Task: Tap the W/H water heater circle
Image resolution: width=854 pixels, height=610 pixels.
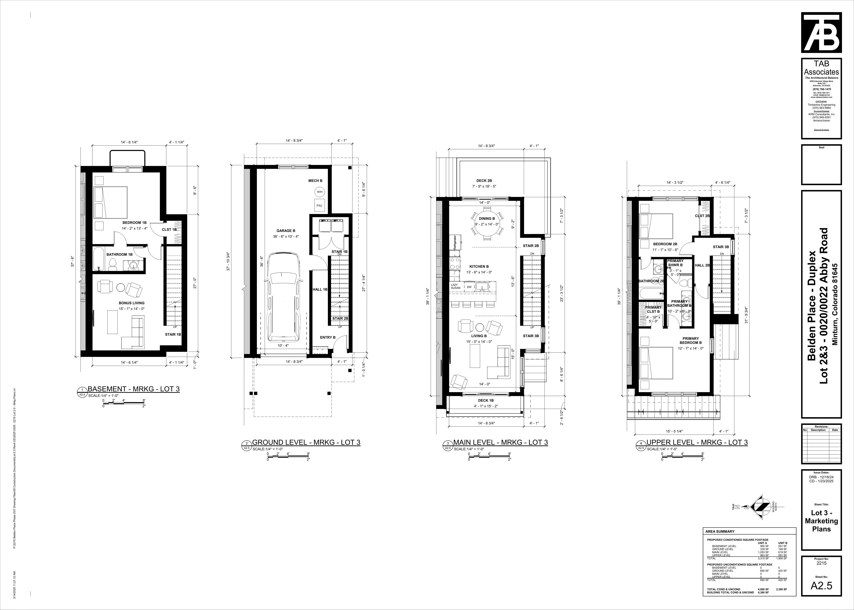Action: click(x=320, y=192)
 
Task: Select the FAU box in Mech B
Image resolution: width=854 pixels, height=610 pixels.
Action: click(x=319, y=206)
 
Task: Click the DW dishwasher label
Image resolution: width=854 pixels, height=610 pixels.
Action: click(x=469, y=287)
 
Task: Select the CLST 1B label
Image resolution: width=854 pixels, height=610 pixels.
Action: click(x=169, y=229)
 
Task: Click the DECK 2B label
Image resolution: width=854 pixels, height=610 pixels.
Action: click(x=484, y=181)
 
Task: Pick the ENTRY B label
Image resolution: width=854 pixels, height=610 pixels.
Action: click(x=328, y=337)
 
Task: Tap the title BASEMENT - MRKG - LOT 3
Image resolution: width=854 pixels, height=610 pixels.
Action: click(x=133, y=389)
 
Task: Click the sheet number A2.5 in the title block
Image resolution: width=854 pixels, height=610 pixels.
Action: click(x=821, y=596)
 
